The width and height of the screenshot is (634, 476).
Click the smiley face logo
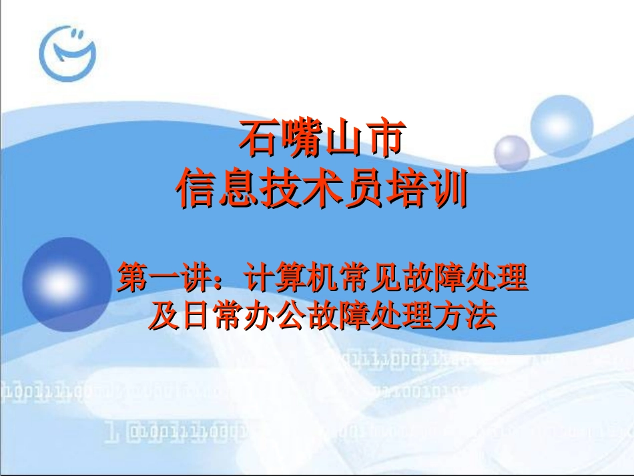click(67, 51)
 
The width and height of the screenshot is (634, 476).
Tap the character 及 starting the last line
click(162, 315)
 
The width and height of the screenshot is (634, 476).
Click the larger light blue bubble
click(561, 126)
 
